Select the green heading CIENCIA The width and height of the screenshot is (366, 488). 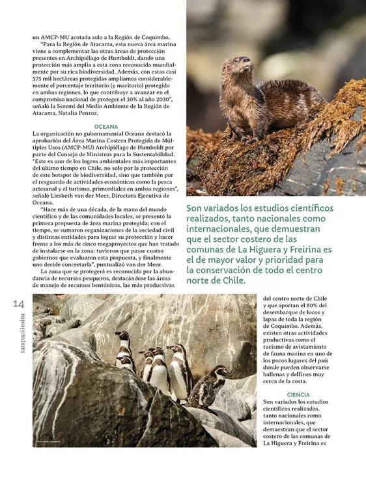(298, 394)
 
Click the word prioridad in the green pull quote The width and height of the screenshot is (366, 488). (302, 258)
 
